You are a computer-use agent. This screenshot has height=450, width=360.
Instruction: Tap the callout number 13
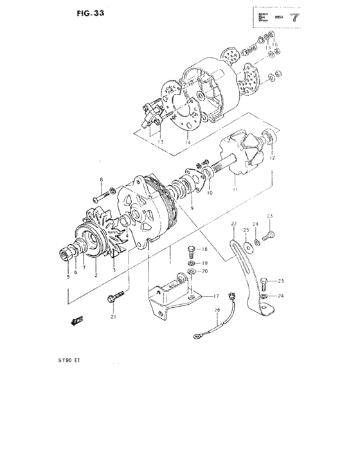pos(161,142)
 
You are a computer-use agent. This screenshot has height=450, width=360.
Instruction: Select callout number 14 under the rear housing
pos(187,142)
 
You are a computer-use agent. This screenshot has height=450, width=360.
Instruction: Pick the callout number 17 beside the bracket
pos(216,296)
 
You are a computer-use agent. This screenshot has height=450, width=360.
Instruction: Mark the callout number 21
pos(113,316)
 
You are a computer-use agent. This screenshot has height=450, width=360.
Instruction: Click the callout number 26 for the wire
pos(217,310)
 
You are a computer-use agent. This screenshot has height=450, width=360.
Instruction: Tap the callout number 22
pos(233,223)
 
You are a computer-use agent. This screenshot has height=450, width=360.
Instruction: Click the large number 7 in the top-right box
pos(296,17)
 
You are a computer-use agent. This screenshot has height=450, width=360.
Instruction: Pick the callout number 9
pos(191,210)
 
